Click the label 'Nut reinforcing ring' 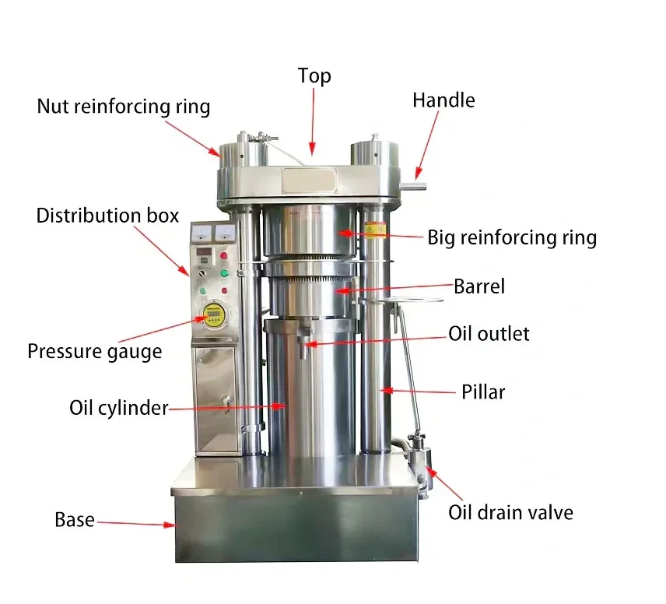[x=123, y=107]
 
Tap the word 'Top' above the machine [x=314, y=76]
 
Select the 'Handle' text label [x=443, y=100]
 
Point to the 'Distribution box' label [x=107, y=216]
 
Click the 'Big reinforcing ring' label [x=512, y=237]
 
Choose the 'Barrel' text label [x=479, y=286]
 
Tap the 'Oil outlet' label [x=489, y=334]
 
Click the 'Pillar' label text [x=483, y=392]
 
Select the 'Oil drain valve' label [x=510, y=513]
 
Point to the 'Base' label [x=75, y=519]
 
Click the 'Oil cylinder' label [x=119, y=408]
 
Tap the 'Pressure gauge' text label [x=95, y=352]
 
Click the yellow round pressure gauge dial [x=213, y=315]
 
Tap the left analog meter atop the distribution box [x=202, y=233]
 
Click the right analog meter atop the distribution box [x=224, y=233]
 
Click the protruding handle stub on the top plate [x=413, y=186]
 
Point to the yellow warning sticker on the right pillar [x=376, y=230]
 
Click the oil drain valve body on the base [x=420, y=463]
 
